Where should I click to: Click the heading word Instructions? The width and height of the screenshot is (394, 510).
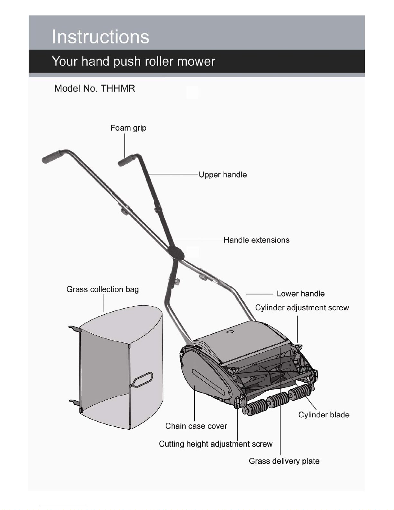pos(100,37)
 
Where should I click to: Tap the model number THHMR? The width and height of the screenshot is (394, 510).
pos(118,89)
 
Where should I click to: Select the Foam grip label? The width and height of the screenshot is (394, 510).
pos(128,128)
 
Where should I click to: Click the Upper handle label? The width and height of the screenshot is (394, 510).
pos(223,175)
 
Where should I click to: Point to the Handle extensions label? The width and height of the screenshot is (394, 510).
pos(256,240)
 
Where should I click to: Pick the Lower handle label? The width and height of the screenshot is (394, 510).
pos(301,293)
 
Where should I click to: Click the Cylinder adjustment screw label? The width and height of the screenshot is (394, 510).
pos(302,308)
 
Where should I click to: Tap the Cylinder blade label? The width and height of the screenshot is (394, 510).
pos(324,415)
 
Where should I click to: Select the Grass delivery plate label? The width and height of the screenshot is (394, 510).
pos(284,461)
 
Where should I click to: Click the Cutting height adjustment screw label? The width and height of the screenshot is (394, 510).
pos(216,444)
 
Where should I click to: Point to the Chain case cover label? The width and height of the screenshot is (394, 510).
pos(196,426)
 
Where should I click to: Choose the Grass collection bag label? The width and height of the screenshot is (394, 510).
pos(103,289)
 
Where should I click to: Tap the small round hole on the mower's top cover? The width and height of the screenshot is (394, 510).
pos(230,332)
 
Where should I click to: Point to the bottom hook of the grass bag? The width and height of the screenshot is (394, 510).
pos(75,402)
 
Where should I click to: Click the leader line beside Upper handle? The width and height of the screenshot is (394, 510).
pos(174,174)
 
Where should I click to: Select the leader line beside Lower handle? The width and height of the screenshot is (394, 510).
pos(260,294)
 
